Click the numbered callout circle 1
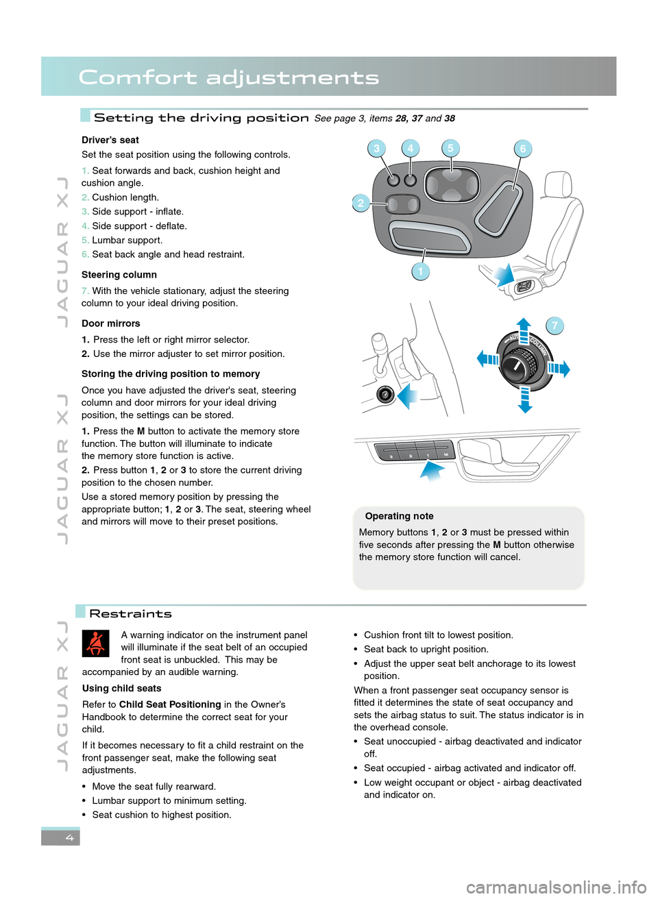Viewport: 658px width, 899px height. (x=420, y=271)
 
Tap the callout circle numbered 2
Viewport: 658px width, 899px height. (x=361, y=203)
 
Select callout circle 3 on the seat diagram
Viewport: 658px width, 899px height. (x=376, y=148)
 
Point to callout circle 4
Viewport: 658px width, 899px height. (x=410, y=148)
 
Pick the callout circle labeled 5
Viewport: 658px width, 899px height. (x=450, y=148)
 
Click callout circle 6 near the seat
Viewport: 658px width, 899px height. (x=522, y=149)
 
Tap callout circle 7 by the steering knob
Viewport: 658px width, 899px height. (x=555, y=325)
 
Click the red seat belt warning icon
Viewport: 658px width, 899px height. (x=95, y=643)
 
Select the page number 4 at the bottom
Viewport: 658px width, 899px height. (x=69, y=837)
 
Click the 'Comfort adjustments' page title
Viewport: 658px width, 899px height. (x=229, y=77)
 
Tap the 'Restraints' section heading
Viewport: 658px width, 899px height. (x=130, y=614)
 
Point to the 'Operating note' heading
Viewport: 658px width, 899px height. (x=399, y=516)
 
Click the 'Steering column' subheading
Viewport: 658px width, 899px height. (x=119, y=275)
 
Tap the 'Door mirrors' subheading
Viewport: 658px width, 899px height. (x=110, y=323)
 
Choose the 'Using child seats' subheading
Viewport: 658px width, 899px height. (x=122, y=689)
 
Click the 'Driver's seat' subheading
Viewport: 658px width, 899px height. (x=110, y=140)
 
